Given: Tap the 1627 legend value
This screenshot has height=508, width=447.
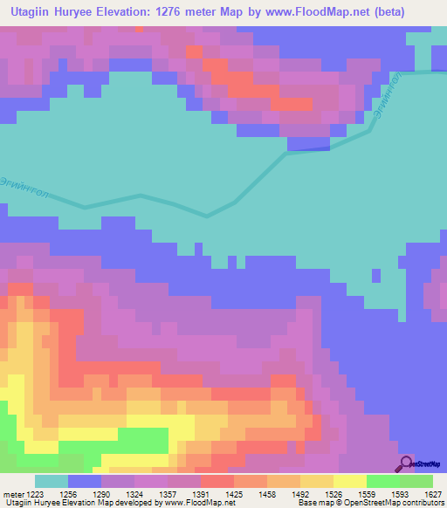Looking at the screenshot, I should point(431,493).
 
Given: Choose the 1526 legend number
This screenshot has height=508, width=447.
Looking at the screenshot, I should point(332,493).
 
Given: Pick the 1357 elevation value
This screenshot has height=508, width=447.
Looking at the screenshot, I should point(166,493).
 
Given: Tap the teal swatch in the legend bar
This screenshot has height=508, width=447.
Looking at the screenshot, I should point(52,481).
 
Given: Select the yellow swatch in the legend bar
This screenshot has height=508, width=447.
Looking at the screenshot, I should point(349,481).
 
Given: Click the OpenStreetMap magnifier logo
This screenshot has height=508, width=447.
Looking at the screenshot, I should point(407,463).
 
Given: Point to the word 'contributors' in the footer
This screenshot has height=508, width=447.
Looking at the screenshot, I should point(422,504).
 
